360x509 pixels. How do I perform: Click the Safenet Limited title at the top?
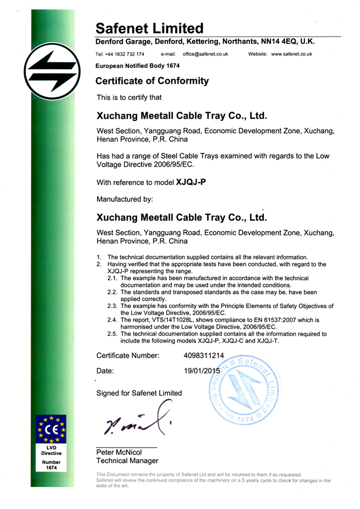150,28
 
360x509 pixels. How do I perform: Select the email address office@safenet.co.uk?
202,54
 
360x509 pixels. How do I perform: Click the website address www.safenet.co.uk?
292,54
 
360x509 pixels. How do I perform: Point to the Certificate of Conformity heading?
153,81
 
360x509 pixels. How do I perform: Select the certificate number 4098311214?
204,355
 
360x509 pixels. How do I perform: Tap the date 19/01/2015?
202,370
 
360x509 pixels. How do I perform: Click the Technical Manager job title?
127,461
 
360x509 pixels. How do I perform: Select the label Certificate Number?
128,355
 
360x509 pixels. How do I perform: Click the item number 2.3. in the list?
113,305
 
